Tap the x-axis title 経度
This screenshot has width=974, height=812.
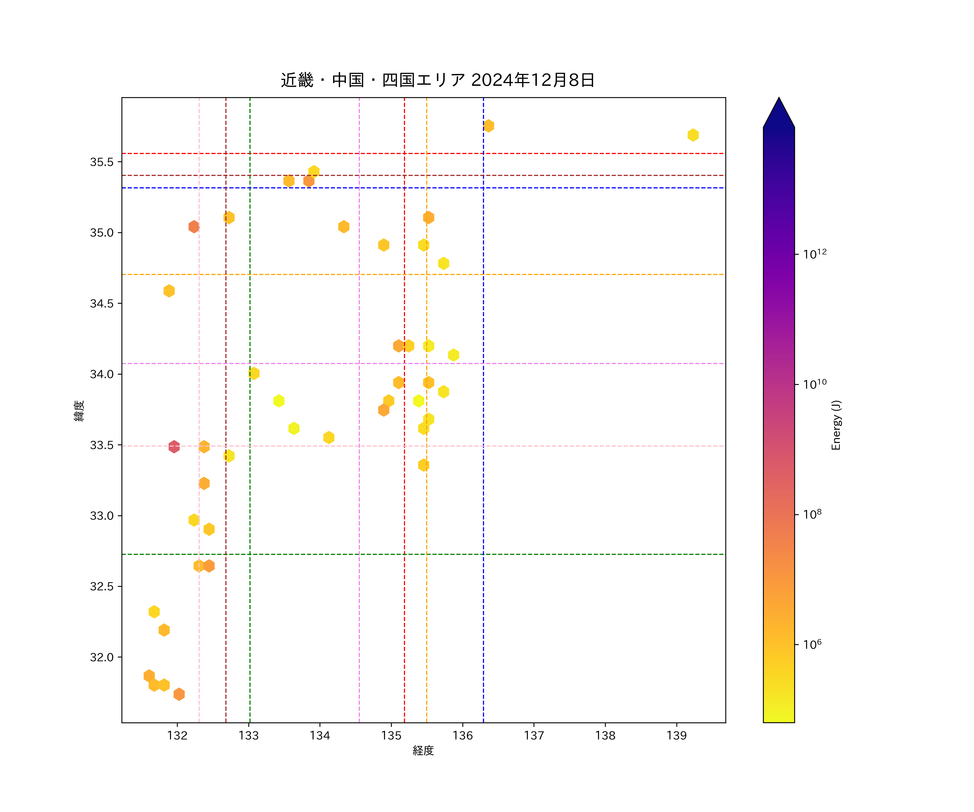coord(423,750)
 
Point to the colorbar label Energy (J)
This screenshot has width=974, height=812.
coord(836,425)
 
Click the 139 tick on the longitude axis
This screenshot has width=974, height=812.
coord(676,735)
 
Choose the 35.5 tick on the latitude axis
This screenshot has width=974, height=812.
coord(101,162)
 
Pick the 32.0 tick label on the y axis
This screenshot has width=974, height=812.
coord(101,657)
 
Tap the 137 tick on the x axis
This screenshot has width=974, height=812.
coord(534,735)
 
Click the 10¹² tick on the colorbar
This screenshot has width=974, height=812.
coord(814,254)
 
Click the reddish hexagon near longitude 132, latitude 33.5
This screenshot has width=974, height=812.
coord(174,446)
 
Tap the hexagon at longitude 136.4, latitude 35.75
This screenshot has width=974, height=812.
coord(488,126)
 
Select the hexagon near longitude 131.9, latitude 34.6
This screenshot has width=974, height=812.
coord(169,291)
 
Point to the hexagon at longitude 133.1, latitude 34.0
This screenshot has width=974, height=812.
coord(254,373)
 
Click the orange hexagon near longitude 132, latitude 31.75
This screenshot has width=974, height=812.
coord(179,694)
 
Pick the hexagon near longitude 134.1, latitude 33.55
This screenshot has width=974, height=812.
coord(329,437)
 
